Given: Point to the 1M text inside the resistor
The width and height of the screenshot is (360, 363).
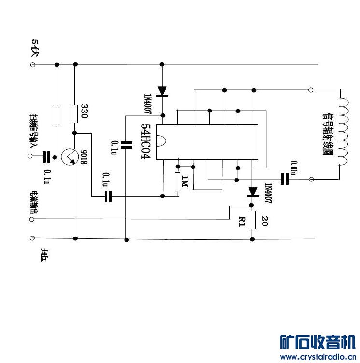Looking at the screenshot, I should [x=184, y=182].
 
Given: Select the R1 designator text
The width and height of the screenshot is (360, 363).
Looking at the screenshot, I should [x=242, y=222].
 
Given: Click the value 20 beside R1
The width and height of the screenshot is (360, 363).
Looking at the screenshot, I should [x=264, y=222].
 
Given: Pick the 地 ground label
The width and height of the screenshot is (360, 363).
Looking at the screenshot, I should [x=44, y=254].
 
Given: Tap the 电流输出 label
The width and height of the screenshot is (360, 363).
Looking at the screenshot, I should [x=34, y=203].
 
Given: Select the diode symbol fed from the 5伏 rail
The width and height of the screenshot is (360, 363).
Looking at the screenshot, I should [x=163, y=90].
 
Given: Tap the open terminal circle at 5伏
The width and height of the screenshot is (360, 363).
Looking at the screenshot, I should [x=33, y=64].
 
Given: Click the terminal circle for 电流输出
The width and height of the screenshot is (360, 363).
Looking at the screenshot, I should [x=33, y=219].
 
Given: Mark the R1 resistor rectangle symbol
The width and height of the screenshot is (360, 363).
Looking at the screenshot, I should [x=252, y=220].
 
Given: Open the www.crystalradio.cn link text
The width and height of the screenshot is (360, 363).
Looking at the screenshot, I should [x=318, y=357].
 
